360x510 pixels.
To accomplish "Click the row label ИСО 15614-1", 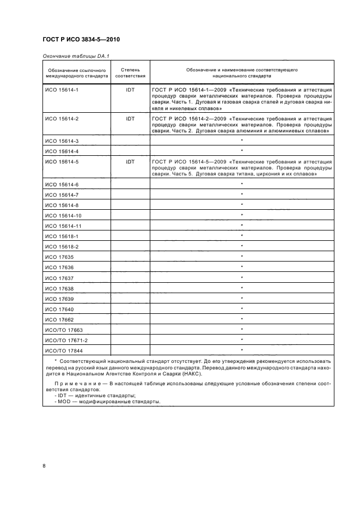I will point(62,88).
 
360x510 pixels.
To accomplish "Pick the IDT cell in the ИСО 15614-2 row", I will point(130,118).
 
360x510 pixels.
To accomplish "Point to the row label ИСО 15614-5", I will point(62,162).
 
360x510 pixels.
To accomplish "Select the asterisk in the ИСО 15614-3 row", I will point(242,141).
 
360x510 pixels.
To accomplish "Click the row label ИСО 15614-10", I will point(63,215).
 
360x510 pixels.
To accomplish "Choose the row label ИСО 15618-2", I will point(62,246).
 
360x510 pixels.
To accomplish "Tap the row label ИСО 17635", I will point(59,257).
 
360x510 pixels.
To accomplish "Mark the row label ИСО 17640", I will point(59,309).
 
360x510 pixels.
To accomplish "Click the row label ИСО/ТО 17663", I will point(63,330).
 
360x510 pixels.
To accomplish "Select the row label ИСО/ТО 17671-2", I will point(65,341).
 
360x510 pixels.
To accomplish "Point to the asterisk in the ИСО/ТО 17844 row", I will point(242,350).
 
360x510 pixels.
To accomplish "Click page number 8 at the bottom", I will point(44,465).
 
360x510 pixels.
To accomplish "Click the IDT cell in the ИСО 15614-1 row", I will point(130,88).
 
